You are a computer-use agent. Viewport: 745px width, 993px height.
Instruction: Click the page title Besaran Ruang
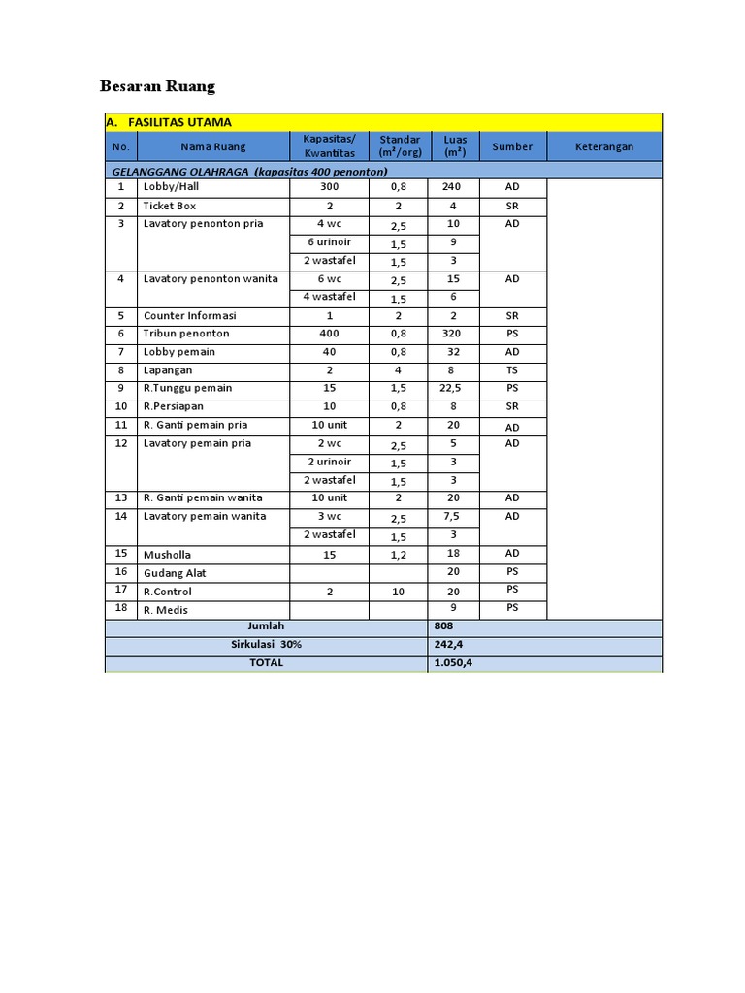157,86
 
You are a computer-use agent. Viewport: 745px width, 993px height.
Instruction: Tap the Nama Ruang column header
212,147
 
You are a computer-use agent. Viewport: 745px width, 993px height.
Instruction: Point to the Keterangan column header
603,147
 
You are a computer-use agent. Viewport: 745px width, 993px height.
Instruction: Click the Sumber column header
512,147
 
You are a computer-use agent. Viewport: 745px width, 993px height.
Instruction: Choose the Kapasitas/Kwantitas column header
329,146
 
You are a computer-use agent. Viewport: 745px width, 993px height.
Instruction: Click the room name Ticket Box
170,206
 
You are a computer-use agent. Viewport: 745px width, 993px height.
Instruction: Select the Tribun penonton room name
186,334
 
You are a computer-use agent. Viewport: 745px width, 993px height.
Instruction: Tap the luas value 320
453,334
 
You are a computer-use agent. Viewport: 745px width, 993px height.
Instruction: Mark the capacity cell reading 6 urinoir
329,242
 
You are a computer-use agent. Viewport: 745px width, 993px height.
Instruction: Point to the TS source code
512,370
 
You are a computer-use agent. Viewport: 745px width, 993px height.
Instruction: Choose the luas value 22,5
453,388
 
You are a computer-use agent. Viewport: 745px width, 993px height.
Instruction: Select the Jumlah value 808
444,626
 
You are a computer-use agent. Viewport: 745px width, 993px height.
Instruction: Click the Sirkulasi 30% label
265,645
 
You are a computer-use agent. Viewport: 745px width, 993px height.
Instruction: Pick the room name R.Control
168,592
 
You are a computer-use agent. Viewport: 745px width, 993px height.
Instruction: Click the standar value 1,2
398,554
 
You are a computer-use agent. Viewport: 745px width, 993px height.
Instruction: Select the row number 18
121,608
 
